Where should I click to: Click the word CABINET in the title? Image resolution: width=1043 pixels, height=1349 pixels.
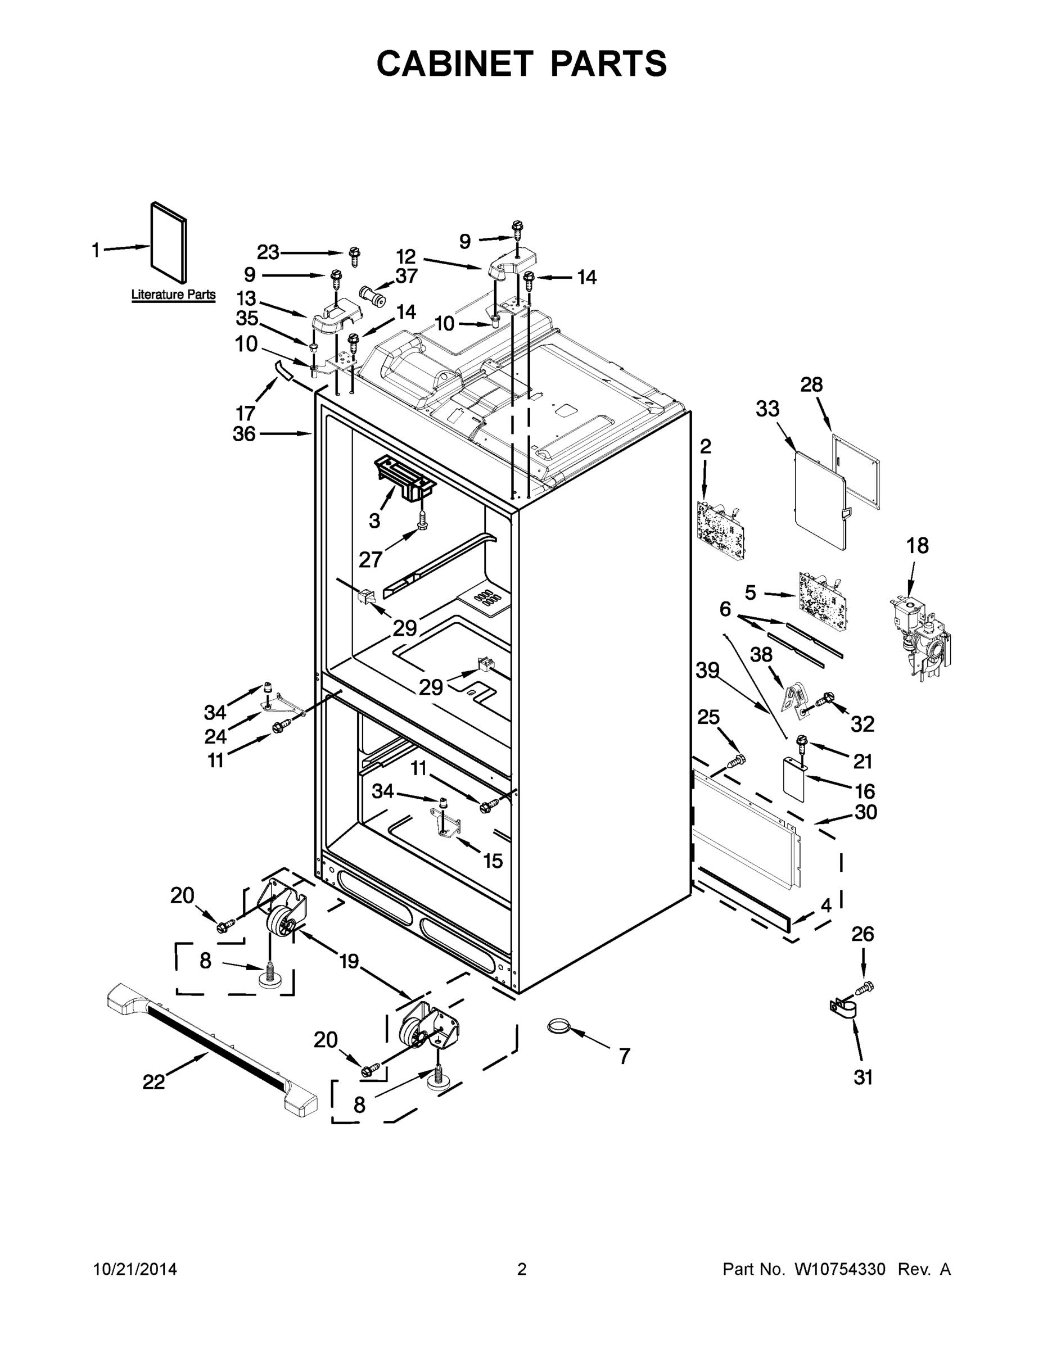(x=455, y=63)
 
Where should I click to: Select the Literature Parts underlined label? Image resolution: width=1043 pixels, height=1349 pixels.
(x=173, y=295)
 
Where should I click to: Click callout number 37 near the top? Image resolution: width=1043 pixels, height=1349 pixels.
(x=407, y=275)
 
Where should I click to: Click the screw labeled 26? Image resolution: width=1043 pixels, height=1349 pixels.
(x=865, y=988)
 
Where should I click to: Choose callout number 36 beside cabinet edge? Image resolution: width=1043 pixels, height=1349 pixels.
(x=244, y=434)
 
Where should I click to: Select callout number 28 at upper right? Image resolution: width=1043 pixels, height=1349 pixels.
(x=811, y=385)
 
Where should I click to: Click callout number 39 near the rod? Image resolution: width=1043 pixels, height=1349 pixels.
(x=707, y=670)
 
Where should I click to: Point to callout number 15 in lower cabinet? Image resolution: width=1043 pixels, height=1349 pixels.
(x=493, y=861)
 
